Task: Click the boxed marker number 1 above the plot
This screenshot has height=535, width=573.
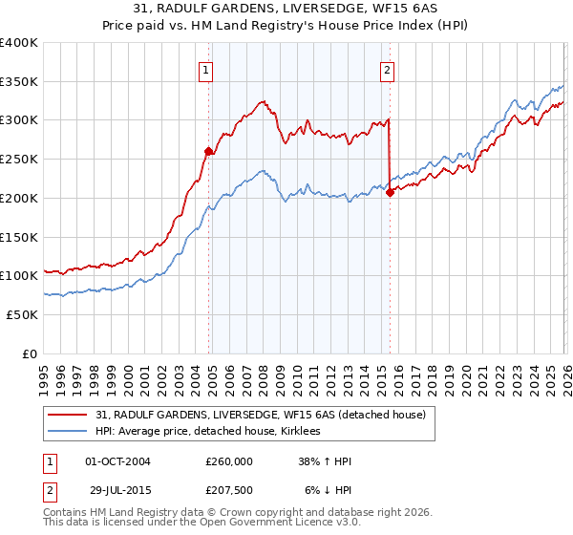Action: pyautogui.click(x=206, y=69)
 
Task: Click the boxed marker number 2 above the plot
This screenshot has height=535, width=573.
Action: pyautogui.click(x=387, y=69)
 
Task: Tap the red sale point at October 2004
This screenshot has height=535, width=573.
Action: pyautogui.click(x=208, y=150)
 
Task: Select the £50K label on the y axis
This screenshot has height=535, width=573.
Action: pyautogui.click(x=22, y=314)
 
